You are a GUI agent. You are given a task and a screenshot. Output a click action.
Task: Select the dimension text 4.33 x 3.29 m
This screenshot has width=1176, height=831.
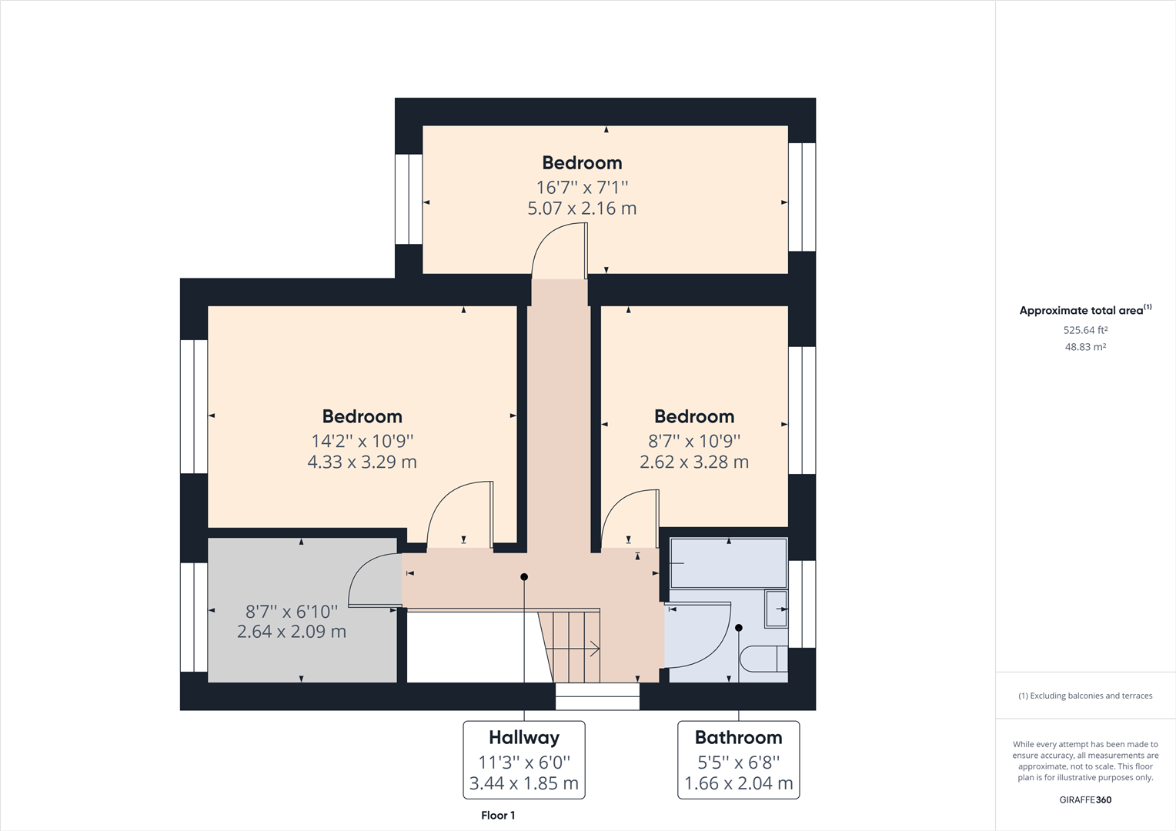click(x=362, y=462)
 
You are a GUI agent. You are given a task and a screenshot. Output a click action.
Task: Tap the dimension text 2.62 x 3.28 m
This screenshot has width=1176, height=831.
click(x=693, y=462)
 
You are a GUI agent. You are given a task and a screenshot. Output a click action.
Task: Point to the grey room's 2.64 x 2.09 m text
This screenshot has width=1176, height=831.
click(x=291, y=632)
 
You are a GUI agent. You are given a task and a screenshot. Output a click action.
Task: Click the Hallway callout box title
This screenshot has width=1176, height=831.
click(x=523, y=737)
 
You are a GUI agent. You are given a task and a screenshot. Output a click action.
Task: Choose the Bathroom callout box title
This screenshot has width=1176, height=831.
click(x=738, y=737)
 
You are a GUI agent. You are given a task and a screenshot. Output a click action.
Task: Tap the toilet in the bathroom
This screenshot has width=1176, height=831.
click(x=763, y=659)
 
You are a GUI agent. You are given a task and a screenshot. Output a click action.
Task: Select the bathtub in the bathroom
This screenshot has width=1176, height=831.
click(x=728, y=563)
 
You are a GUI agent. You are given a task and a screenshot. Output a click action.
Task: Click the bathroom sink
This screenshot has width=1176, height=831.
click(x=776, y=609)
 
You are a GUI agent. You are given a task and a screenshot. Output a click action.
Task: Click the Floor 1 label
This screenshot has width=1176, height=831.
click(x=498, y=816)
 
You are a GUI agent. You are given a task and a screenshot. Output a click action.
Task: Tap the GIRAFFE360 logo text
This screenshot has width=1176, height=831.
click(x=1085, y=799)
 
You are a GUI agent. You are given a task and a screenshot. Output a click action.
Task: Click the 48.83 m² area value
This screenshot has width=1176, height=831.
click(x=1085, y=347)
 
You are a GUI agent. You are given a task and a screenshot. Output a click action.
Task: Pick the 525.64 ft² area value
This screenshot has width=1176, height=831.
click(x=1085, y=330)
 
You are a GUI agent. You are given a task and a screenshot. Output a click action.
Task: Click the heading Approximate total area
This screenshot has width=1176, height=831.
click(x=1081, y=311)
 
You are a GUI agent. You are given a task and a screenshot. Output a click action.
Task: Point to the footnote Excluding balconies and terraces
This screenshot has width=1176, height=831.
click(x=1085, y=696)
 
